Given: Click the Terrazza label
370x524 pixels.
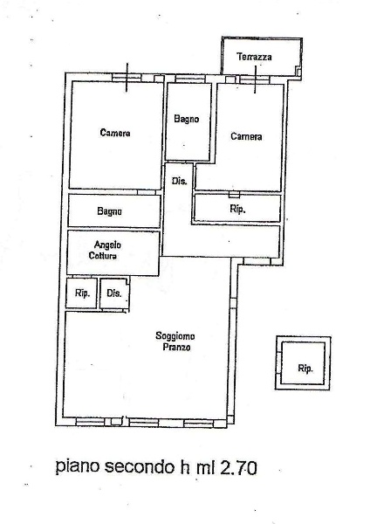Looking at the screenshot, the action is tap(254, 57).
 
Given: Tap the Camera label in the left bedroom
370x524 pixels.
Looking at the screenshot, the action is tap(115, 133).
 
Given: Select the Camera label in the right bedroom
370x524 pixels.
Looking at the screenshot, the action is tap(246, 136).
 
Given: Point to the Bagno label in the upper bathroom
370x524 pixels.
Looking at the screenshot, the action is tap(187, 119).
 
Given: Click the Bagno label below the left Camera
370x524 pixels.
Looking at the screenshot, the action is tap(109, 211).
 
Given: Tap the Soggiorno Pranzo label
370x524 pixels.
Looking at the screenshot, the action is tap(175, 341).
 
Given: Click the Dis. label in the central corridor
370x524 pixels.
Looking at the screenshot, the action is tap(179, 181).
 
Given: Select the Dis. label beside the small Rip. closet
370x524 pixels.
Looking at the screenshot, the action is tap(113, 293).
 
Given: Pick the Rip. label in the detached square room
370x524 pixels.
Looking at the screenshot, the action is tap(305, 369).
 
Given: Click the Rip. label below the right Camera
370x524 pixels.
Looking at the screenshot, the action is tap(237, 210).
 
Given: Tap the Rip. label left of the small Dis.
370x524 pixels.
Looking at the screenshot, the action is tap(82, 293).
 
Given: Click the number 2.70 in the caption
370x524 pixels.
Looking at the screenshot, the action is tap(238, 467).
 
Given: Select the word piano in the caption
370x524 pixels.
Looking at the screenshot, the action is tap(78, 466).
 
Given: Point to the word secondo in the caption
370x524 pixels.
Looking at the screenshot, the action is tap(140, 466).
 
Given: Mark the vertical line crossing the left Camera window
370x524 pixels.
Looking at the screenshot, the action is tap(127, 77).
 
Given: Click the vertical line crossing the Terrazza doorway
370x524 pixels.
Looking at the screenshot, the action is tap(256, 79).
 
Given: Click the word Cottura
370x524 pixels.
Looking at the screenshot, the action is tap(102, 256).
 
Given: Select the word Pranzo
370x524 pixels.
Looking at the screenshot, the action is tap(176, 348).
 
